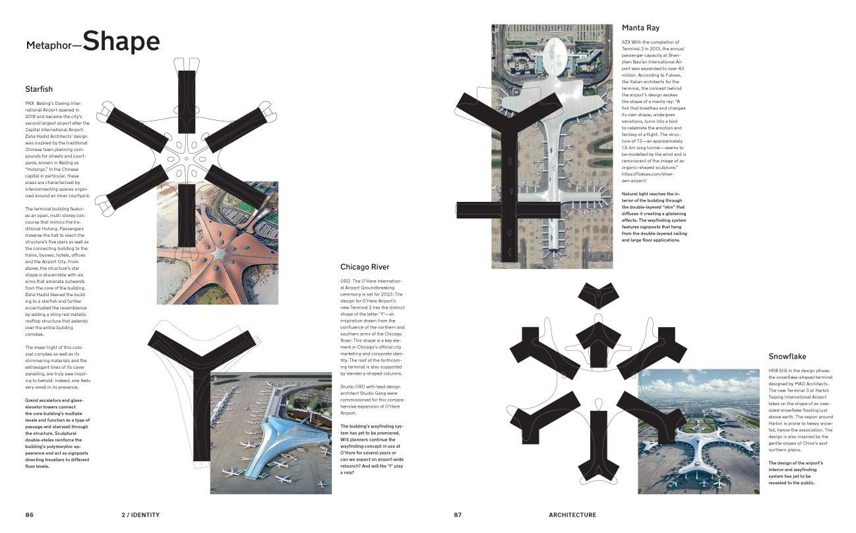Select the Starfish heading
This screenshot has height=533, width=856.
point(39,89)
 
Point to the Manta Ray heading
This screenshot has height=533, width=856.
point(642,28)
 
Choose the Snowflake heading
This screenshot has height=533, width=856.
point(787,357)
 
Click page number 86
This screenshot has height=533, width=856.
point(30,515)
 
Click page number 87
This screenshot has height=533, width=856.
point(458,515)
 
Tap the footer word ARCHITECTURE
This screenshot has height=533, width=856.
point(572,515)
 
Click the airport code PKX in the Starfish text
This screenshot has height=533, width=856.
point(30,104)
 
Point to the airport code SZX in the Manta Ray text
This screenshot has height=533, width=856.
point(627,42)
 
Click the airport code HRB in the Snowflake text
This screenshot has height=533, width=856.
point(774,371)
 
